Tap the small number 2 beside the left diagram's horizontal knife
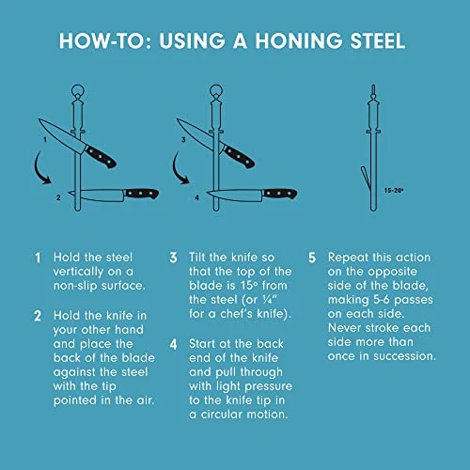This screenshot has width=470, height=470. [57, 197]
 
